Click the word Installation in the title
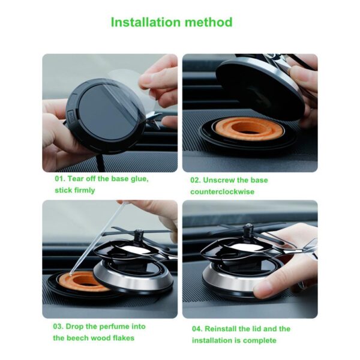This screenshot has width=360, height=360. pyautogui.click(x=146, y=22)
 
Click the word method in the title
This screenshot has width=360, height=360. pyautogui.click(x=209, y=22)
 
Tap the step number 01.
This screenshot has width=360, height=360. pyautogui.click(x=59, y=179)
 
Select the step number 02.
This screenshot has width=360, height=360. pyautogui.click(x=195, y=180)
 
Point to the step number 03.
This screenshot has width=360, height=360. pyautogui.click(x=58, y=326)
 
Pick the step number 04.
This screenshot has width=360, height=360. pyautogui.click(x=197, y=329)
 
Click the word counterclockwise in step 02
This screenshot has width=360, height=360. pyautogui.click(x=222, y=191)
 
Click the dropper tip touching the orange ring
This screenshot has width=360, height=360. pyautogui.click(x=71, y=274)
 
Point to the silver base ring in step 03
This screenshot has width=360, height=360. pyautogui.click(x=133, y=279)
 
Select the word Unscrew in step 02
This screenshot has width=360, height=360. pyautogui.click(x=219, y=180)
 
